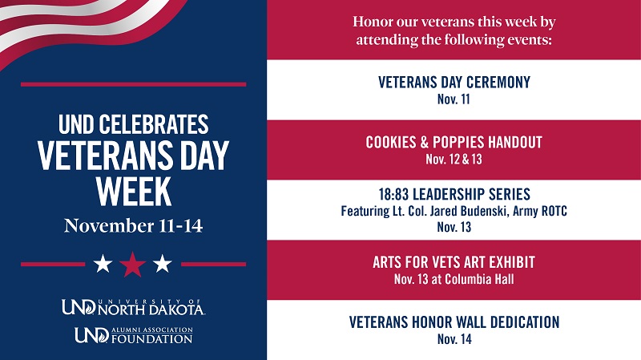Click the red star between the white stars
(132, 263)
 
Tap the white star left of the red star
(103, 263)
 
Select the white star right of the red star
(163, 263)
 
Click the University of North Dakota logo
(133, 306)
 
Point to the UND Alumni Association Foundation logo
(133, 334)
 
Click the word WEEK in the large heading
(133, 192)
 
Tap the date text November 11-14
(133, 225)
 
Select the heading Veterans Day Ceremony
(454, 83)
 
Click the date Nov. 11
(454, 99)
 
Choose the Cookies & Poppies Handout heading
(454, 143)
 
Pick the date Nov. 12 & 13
(454, 159)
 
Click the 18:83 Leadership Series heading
(454, 195)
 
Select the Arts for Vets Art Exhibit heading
(454, 263)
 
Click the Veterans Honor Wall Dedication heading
(454, 322)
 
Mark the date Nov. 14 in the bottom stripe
(454, 339)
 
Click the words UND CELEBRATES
(133, 124)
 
